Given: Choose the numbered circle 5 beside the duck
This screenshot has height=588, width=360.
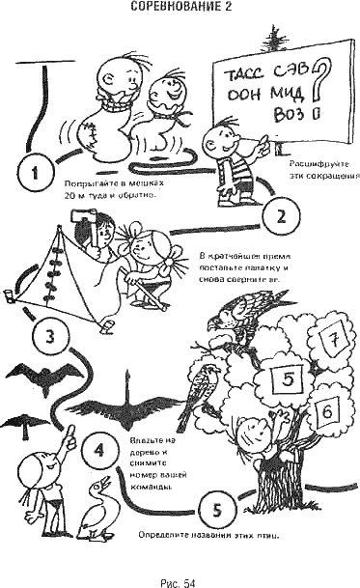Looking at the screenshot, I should pos(217,507).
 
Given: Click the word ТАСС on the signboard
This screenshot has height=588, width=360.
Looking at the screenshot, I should pos(237,71).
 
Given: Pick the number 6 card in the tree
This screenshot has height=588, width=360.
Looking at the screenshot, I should pos(326,410).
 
